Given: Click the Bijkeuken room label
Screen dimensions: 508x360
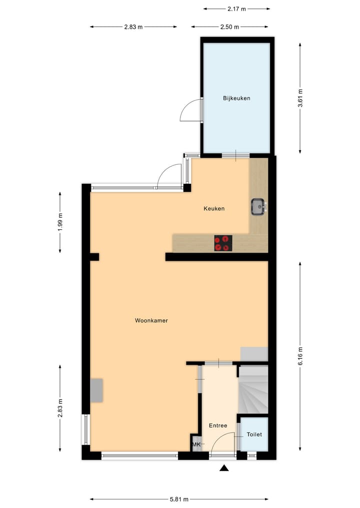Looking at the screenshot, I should pos(236,98).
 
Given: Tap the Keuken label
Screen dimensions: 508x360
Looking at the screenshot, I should pos(213,208).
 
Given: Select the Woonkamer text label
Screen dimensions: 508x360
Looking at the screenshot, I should pos(151,321).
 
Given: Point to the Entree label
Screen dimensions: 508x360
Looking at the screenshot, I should pos(218,426).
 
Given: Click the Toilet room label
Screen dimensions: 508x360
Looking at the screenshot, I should pos(254,435).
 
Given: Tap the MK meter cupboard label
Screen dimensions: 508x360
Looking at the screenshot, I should pos(196,444).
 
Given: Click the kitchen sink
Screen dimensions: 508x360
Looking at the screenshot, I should pos(258,206).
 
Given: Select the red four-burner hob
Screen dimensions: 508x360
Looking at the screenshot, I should pos(223,243).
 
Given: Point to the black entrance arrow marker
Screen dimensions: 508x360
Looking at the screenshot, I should pos(224,468).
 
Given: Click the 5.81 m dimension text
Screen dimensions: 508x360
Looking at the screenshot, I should pos(179,499).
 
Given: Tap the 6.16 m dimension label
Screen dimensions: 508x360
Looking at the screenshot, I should pos(300,356).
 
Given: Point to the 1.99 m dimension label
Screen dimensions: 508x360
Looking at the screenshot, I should pos(60,222).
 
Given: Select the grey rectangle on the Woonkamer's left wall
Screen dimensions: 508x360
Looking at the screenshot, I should pos(96,390).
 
